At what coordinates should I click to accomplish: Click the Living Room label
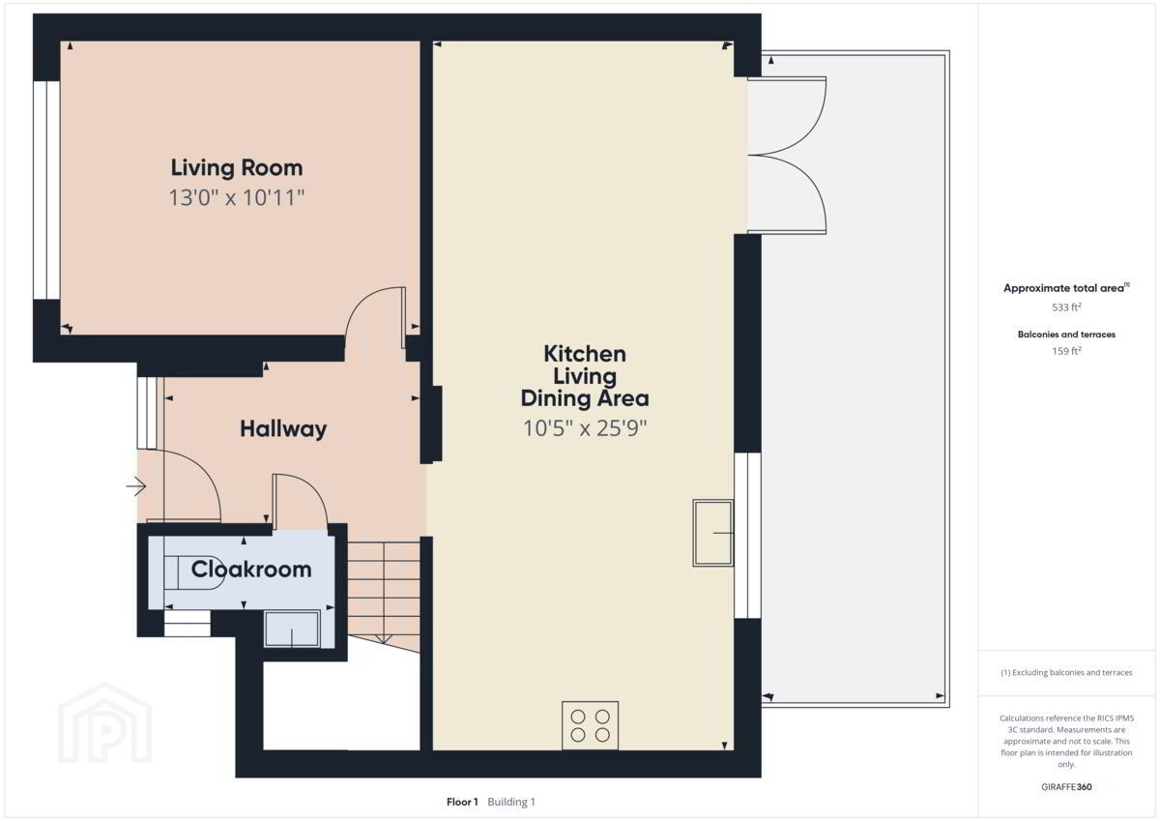coord(237,168)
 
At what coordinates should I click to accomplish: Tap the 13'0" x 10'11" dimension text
coord(237,198)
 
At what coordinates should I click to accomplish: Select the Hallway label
coord(283,429)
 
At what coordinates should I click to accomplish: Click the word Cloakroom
coord(251,570)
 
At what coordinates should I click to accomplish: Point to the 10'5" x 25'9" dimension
coord(585,428)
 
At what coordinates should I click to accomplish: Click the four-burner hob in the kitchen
coord(590,725)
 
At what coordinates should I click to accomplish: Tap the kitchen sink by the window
coord(713,533)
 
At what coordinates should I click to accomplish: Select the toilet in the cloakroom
coord(193,572)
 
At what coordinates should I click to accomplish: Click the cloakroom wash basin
coord(292,629)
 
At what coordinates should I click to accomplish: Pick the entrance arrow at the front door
coord(136,486)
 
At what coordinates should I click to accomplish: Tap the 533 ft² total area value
coord(1066,308)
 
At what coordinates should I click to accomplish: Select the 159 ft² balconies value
coord(1066,351)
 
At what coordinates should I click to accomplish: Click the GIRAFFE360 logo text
coord(1066,787)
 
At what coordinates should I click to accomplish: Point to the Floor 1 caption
coord(462,802)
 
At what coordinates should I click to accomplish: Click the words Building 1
coord(511,802)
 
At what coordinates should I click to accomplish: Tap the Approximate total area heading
coord(1066,288)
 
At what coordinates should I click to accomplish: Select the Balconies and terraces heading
coord(1066,335)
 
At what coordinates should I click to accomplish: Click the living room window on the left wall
coord(46,191)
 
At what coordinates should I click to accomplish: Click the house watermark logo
coord(104,723)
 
